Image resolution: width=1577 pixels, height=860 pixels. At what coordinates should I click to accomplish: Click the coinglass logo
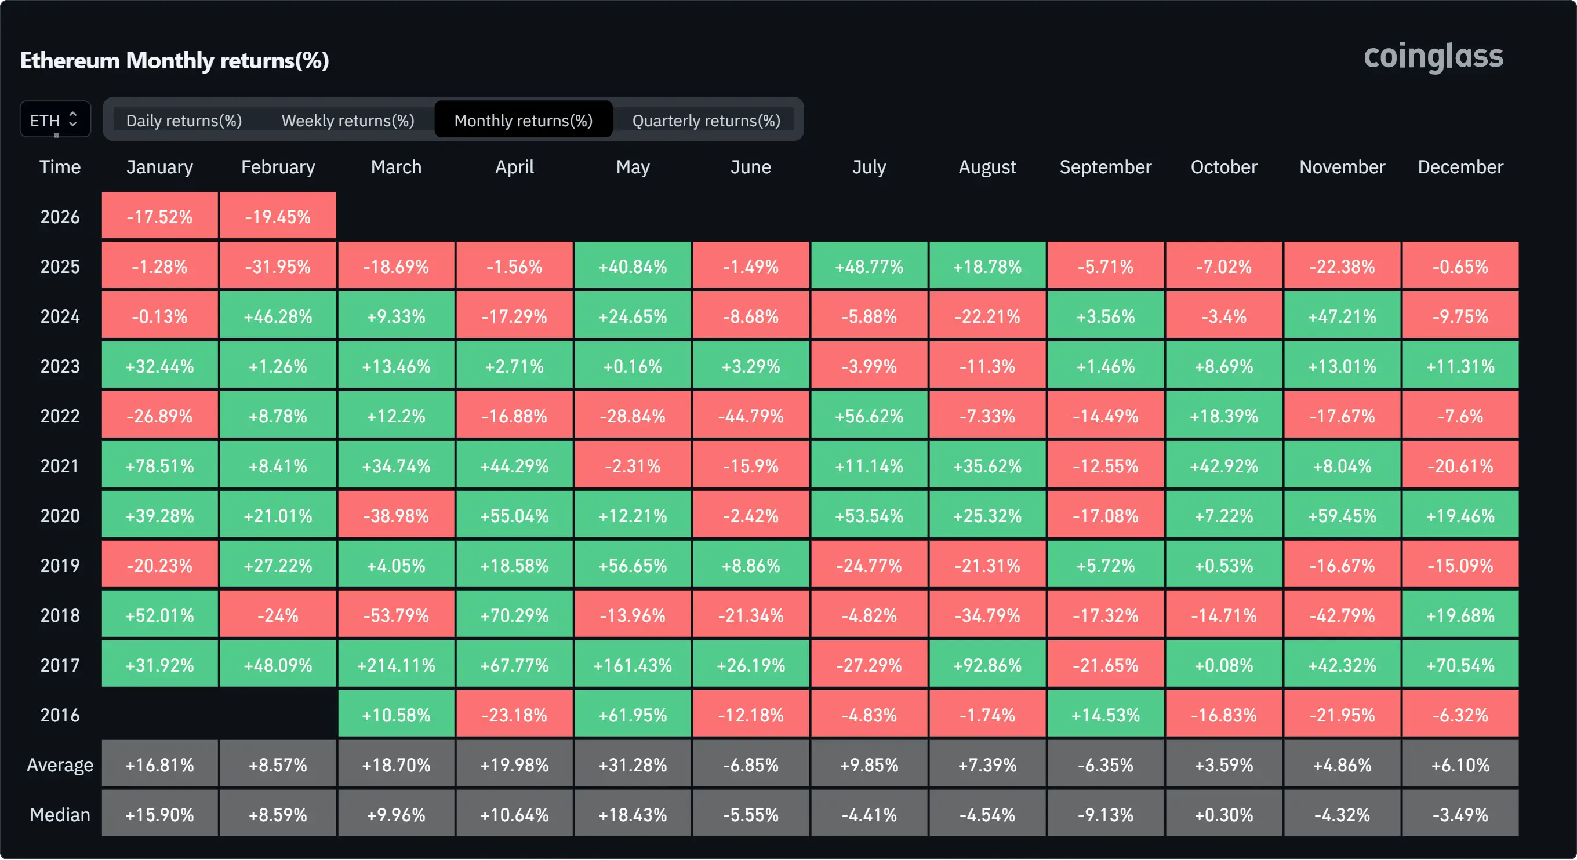pos(1433,57)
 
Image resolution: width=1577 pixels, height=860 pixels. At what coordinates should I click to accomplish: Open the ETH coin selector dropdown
pos(55,119)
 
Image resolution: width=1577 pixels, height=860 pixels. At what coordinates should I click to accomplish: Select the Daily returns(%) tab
pos(184,121)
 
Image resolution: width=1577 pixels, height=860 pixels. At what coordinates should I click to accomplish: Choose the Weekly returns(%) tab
pos(348,121)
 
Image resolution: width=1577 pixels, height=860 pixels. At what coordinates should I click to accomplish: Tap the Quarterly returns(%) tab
pos(706,121)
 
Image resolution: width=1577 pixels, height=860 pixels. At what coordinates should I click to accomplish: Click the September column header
pos(1105,167)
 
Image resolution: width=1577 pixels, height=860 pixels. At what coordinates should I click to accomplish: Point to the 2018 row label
pos(60,615)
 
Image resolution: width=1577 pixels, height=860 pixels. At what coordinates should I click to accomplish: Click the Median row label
pos(60,815)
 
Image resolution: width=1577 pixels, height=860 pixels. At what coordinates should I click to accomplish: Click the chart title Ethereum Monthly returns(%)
pos(175,61)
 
